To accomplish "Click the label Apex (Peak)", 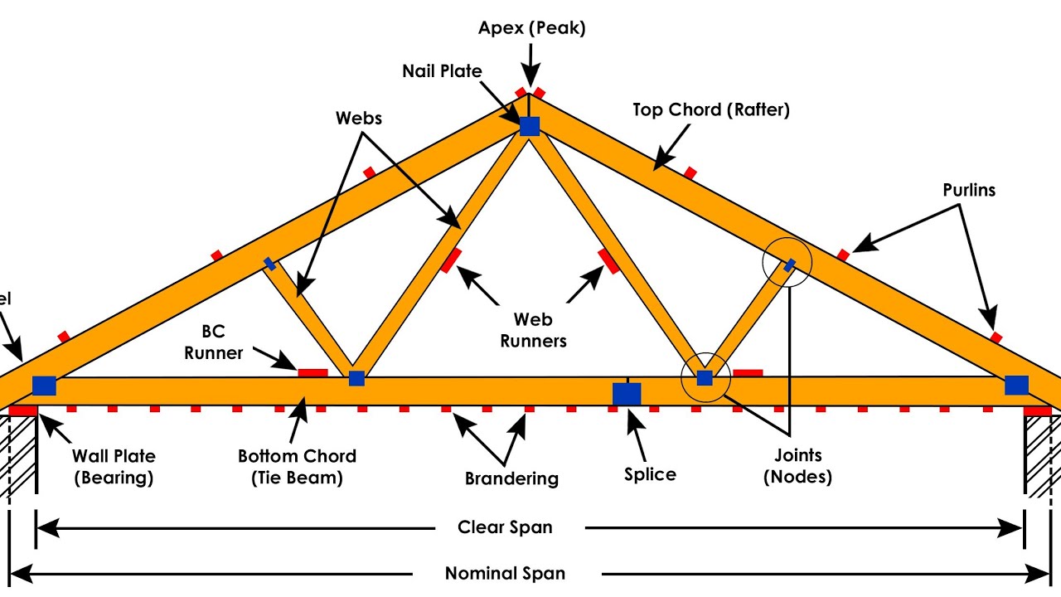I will (531, 28).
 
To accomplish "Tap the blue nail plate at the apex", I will (530, 126).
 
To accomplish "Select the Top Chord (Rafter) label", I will (710, 109).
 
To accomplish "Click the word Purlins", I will (969, 190).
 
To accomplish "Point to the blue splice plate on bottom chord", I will (627, 394).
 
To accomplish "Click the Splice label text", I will (650, 474).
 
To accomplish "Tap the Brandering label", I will (511, 478).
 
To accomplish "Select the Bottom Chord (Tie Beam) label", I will (297, 467).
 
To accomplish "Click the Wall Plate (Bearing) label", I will (113, 467).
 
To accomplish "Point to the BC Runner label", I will (213, 342).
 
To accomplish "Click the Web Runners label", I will (533, 329).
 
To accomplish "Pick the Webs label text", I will (359, 119).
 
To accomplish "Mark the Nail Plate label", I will (442, 71).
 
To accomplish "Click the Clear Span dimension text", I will (505, 527).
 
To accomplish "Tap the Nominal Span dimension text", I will (505, 573).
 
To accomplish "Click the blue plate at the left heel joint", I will (44, 386).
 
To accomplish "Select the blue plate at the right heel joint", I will (1016, 385).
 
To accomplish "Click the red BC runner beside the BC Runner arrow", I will (312, 372).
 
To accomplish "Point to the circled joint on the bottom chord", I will (705, 378).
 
